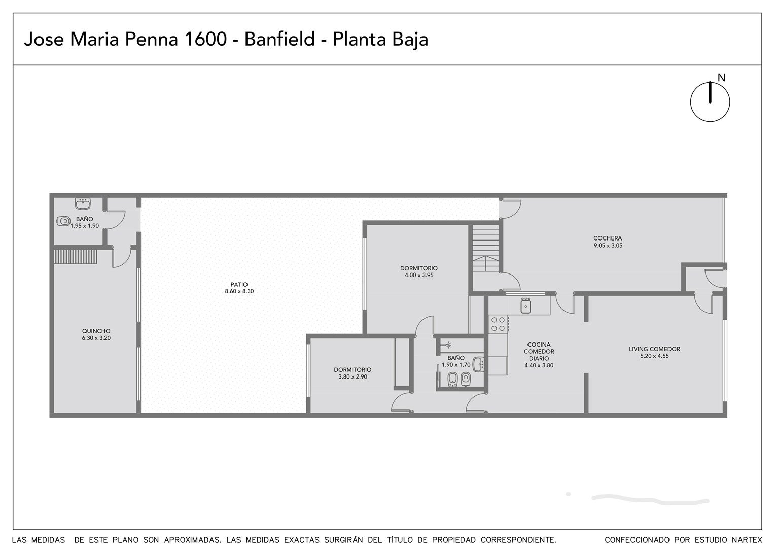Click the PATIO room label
pos(239,285)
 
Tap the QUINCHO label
pos(96,331)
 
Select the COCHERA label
pos(608,238)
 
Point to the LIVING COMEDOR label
pos(654,349)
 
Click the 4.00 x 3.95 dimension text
pos(419,275)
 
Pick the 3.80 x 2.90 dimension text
pos(353,376)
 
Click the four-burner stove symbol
pos(498,324)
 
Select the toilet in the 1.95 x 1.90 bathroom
pos(63,221)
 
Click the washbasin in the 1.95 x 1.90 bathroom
pos(83,203)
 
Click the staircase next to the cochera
pos(486,248)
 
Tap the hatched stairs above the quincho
pos(76,257)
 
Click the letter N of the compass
pos(721,78)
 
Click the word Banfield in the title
pos(279,39)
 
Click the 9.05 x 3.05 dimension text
pos(608,246)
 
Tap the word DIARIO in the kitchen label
pos(539,358)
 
